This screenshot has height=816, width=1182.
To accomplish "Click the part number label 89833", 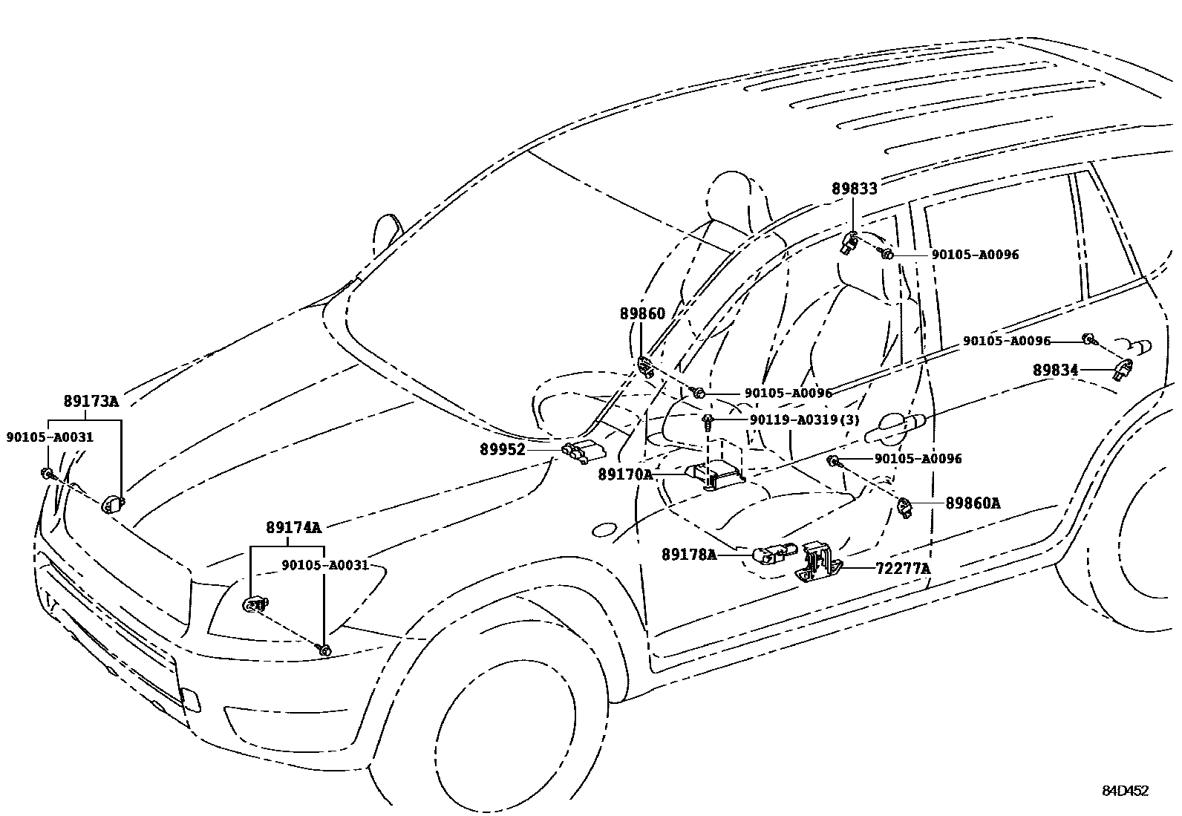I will (x=854, y=189).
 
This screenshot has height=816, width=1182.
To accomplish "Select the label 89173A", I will (x=91, y=402).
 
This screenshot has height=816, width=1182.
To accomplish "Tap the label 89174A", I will (x=293, y=528).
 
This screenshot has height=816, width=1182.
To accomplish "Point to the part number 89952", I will (x=502, y=449).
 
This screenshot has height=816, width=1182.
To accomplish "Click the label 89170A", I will (x=625, y=474).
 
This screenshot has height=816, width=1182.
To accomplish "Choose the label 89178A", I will (x=689, y=554).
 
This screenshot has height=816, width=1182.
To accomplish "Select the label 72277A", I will (x=903, y=569).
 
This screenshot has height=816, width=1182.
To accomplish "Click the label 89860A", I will (x=973, y=503).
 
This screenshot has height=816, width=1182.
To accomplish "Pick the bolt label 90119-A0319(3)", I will (x=804, y=420).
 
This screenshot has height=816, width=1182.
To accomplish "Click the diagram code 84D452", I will (x=1124, y=791).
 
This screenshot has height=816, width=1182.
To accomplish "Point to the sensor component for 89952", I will (x=582, y=451).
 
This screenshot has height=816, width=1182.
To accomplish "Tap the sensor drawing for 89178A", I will (x=772, y=553).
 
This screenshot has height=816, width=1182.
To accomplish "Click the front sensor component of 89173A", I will (x=112, y=503).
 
